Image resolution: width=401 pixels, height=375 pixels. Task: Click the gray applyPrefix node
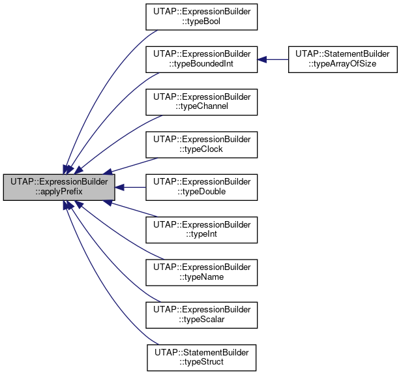pos(59,187)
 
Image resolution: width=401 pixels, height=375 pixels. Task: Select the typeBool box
pos(201,17)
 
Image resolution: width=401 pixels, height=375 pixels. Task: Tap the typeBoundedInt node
pos(201,59)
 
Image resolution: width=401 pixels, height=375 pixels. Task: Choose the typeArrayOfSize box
pos(343,59)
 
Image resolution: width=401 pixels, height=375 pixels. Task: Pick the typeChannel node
pos(201,102)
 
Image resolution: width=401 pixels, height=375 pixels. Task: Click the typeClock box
pos(201,145)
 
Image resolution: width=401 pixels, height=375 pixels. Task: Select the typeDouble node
pos(201,187)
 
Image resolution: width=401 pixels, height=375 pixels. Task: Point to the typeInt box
pos(201,230)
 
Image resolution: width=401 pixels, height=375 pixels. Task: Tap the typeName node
pos(201,273)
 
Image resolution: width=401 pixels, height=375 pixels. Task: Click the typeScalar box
pos(201,315)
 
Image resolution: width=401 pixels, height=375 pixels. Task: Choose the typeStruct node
pos(201,357)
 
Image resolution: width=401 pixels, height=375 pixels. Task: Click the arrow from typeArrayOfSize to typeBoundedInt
pos(273,59)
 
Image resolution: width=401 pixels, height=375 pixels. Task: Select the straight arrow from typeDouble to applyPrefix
pos(130,188)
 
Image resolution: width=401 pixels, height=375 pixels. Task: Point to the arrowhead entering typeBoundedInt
pos(262,59)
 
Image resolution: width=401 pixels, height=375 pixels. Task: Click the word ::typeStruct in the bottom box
pos(201,362)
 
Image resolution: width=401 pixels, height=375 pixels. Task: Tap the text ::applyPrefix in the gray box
pos(59,192)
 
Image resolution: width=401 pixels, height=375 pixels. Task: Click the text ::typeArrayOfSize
pos(342,64)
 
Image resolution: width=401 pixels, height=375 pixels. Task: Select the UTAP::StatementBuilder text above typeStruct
pos(201,352)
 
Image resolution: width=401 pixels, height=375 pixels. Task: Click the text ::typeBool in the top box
pos(201,22)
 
